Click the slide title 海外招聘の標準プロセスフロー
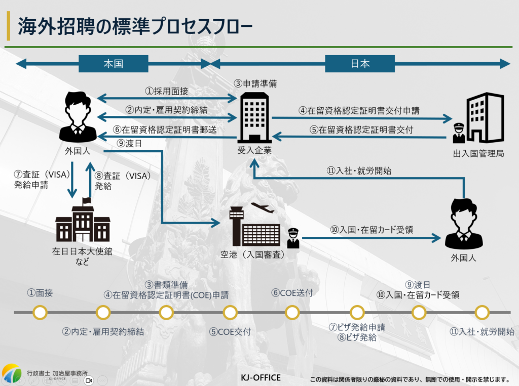(x=134, y=27)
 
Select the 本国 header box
(x=114, y=64)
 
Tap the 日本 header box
(x=360, y=64)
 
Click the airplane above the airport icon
(x=262, y=207)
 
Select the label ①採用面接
(x=167, y=91)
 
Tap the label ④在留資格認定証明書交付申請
(x=359, y=110)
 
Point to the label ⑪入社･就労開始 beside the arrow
(x=359, y=170)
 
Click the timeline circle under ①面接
(x=40, y=313)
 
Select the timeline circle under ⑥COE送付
(x=292, y=313)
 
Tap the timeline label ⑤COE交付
(x=230, y=332)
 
